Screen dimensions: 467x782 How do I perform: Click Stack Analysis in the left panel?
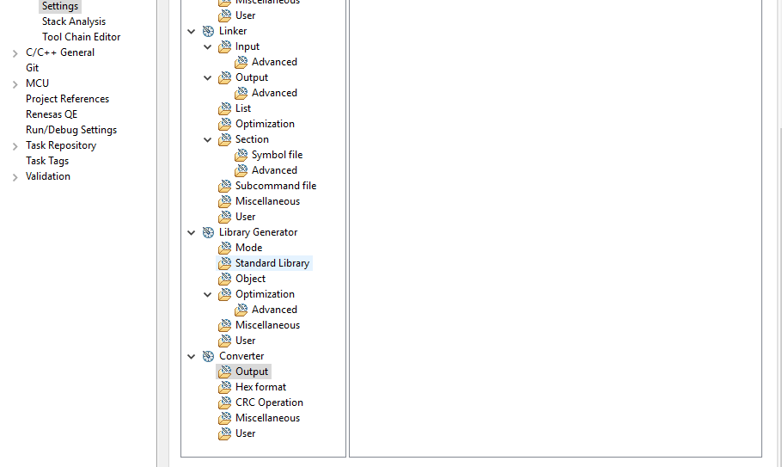(74, 22)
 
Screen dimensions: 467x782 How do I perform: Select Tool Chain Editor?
(81, 37)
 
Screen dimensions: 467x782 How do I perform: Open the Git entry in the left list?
(32, 68)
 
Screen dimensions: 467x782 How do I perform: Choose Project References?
(67, 99)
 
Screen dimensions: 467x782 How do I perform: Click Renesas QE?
(52, 114)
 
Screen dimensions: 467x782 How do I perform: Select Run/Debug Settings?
(71, 130)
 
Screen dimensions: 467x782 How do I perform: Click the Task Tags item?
(47, 161)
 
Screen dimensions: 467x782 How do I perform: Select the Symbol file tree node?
(277, 155)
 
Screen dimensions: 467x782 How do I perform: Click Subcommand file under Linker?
(276, 186)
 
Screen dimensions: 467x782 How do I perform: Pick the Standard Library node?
(272, 263)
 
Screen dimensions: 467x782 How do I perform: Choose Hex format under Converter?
(260, 387)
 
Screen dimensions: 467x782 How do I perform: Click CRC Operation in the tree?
(269, 402)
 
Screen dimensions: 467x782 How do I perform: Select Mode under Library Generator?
(248, 248)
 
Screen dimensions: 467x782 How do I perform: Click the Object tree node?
(250, 279)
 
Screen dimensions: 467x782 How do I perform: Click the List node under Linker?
(243, 108)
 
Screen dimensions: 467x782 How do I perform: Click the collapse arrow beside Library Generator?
(192, 232)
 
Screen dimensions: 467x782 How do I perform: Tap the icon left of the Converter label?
(208, 356)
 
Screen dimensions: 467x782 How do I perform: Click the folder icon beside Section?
(224, 139)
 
